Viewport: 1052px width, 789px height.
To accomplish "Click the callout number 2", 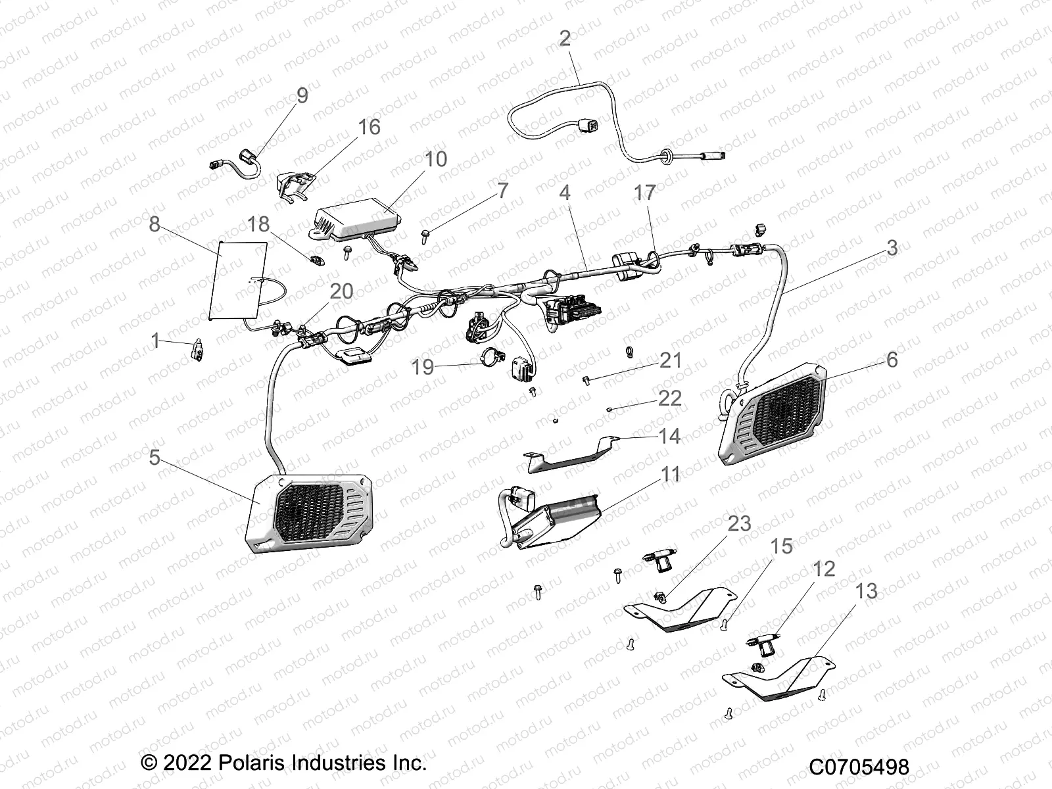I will coord(565,38).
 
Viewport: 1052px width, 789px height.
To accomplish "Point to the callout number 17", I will coord(644,192).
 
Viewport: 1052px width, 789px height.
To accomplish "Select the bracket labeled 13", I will coord(776,677).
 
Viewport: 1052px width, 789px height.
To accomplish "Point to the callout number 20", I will coord(341,291).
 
